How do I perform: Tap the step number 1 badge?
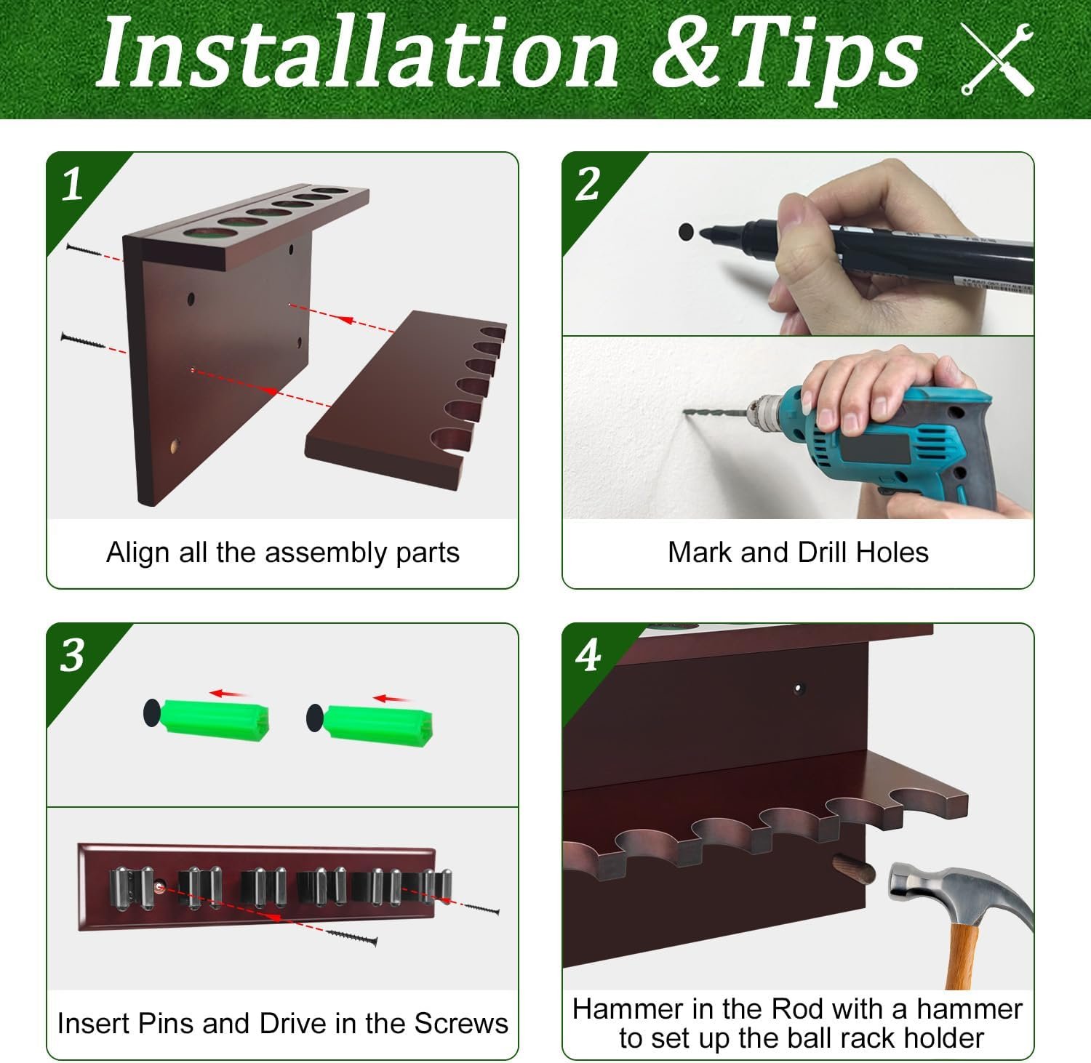(72, 185)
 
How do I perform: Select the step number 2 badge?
(588, 185)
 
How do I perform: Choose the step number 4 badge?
(588, 656)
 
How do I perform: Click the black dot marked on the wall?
(686, 233)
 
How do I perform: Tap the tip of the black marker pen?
(703, 233)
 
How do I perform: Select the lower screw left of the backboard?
(84, 341)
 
